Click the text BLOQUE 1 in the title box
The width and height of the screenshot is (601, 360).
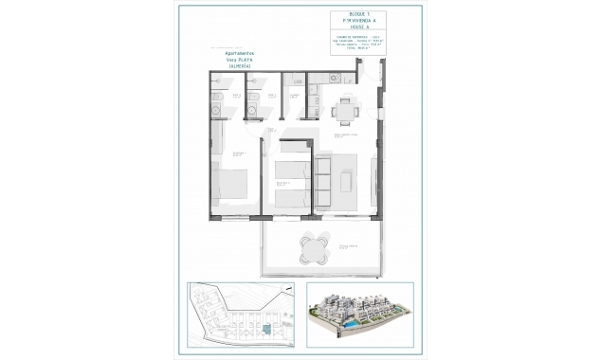click(357, 16)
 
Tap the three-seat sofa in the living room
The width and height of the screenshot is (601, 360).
click(321, 178)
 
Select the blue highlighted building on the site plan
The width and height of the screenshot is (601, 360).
click(266, 328)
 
